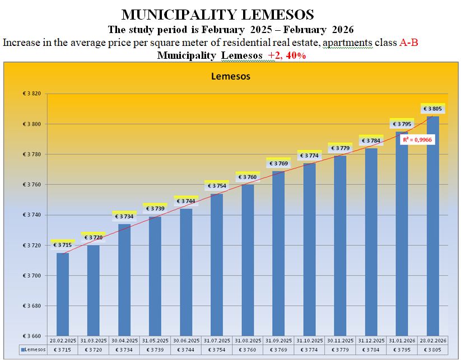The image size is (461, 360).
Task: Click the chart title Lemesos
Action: (230, 76)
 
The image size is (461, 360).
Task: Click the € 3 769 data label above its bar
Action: (278, 163)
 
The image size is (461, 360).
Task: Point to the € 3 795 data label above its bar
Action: (402, 124)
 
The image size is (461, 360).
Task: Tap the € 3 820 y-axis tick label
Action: (32, 93)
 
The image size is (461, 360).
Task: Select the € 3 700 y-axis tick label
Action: (32, 276)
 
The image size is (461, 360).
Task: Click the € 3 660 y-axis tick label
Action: (32, 336)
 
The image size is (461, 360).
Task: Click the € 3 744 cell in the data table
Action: (186, 350)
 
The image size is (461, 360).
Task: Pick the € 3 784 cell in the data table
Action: (371, 350)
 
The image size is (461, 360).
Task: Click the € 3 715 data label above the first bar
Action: (63, 245)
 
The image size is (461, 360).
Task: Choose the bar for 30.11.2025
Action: (340, 246)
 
